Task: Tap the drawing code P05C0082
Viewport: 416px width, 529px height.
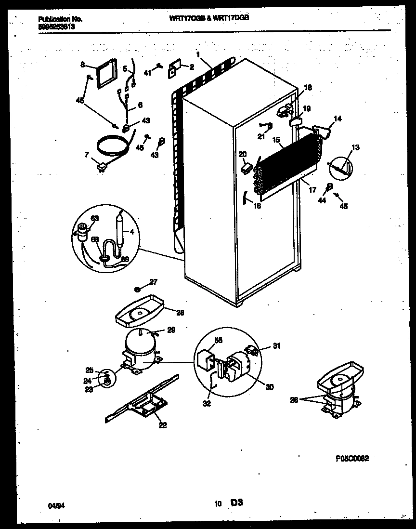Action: coord(350,459)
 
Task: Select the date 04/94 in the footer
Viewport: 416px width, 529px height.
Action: coord(55,505)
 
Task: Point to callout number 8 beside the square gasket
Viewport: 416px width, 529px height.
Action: coord(82,64)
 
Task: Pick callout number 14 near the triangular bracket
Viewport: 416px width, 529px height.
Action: coord(338,119)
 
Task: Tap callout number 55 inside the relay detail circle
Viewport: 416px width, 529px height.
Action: coord(218,340)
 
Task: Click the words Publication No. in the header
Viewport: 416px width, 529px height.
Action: coord(60,19)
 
